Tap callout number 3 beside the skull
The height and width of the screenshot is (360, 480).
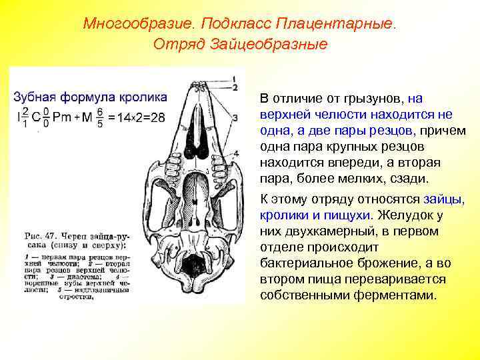(x=235, y=118)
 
